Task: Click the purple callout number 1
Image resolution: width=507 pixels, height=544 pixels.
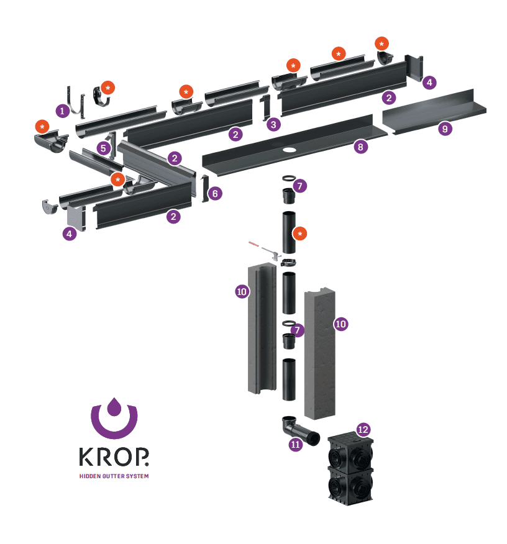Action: click(63, 111)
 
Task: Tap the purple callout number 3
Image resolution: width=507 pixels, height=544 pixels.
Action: click(273, 124)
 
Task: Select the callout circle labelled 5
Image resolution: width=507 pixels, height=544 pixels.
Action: click(103, 148)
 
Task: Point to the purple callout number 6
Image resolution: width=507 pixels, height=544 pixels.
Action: click(215, 193)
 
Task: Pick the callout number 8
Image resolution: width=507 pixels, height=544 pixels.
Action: click(360, 147)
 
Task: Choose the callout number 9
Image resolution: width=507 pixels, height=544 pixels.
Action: click(445, 129)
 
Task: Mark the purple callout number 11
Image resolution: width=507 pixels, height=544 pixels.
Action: click(295, 444)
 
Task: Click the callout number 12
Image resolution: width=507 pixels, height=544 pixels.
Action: click(363, 430)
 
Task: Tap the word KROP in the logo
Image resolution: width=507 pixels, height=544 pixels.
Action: click(114, 456)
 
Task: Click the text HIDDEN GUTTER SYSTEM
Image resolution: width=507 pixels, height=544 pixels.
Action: click(114, 476)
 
